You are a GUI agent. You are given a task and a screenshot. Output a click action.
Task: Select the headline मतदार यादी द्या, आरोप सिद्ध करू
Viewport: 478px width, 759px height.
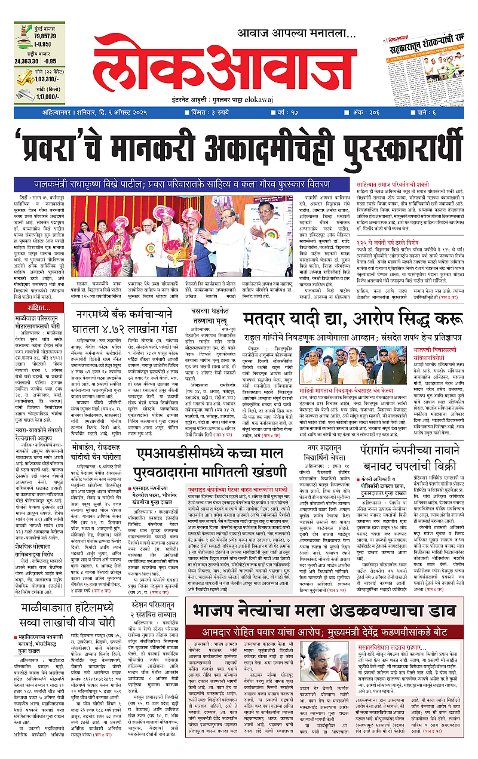click(x=353, y=320)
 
